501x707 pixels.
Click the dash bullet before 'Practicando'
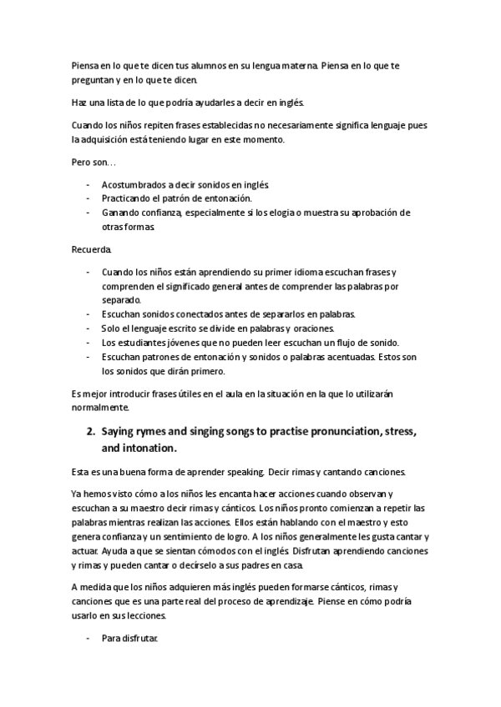pos(89,198)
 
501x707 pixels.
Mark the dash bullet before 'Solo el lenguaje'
pos(89,328)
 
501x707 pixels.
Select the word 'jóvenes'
pos(179,343)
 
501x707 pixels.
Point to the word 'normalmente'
pos(99,409)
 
